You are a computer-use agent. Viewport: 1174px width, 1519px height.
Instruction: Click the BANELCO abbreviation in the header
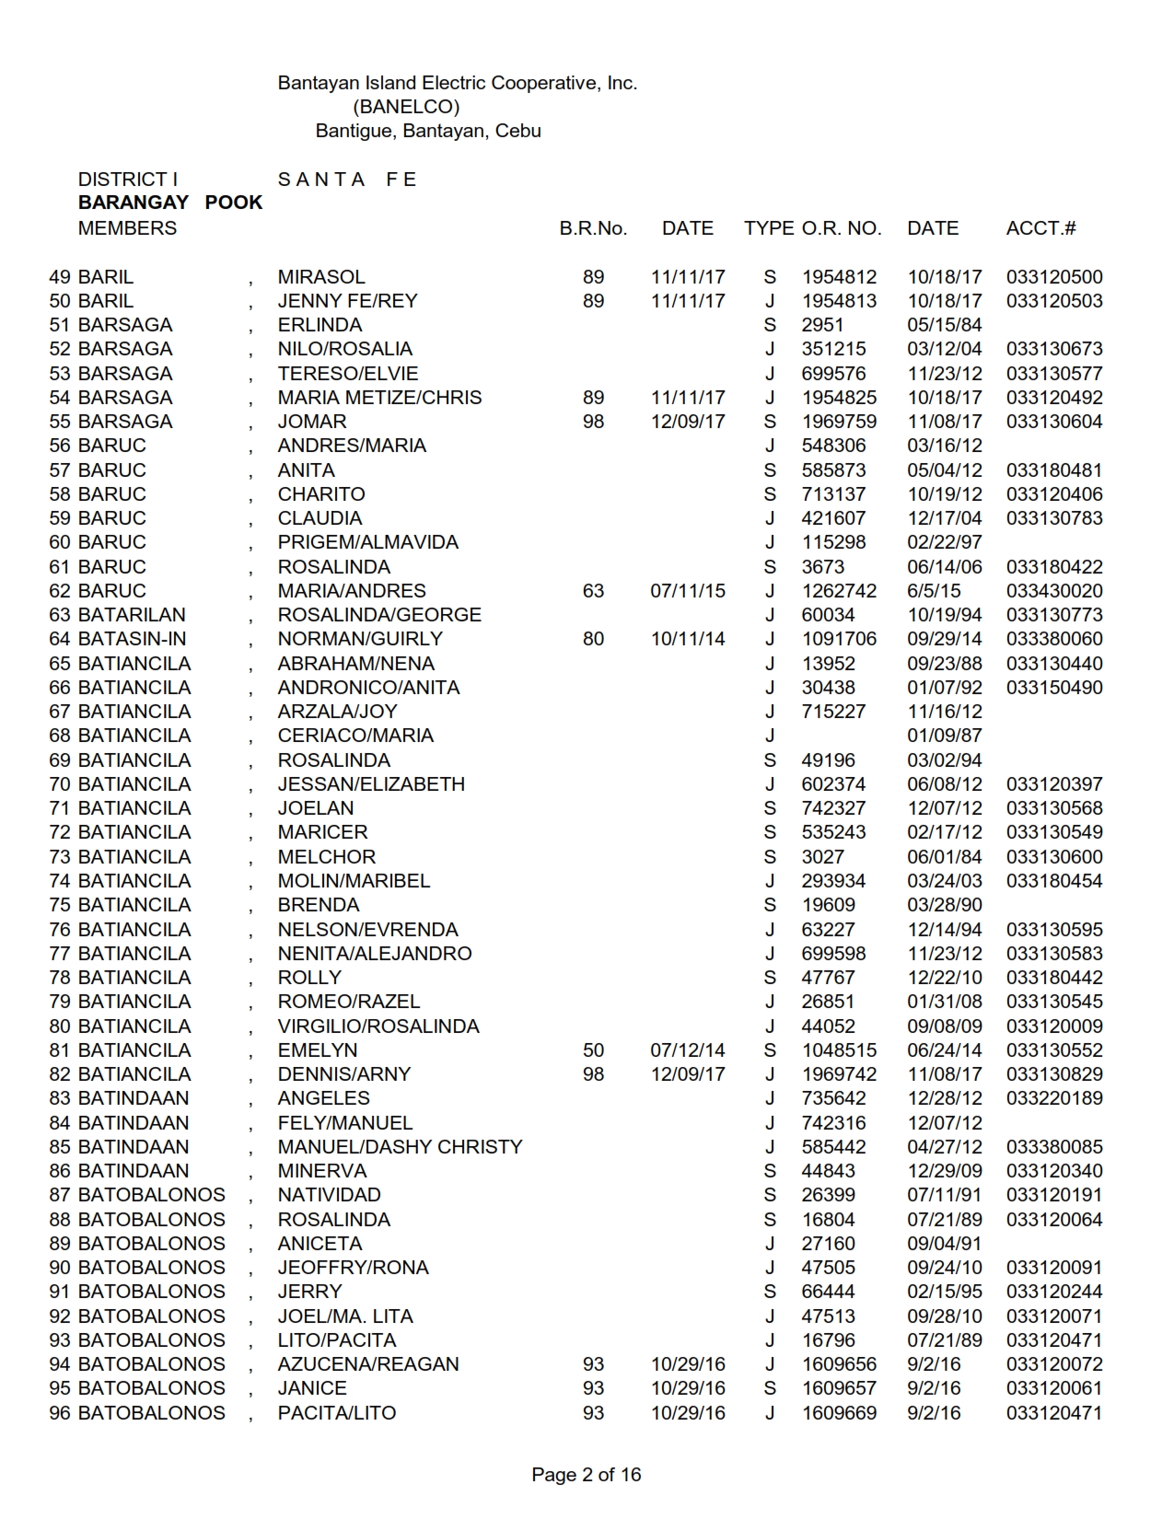click(406, 107)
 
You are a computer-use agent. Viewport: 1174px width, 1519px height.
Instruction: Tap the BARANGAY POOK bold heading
click(170, 203)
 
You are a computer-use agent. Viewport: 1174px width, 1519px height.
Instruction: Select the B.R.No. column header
click(593, 228)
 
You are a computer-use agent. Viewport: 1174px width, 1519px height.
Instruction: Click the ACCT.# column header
click(1040, 228)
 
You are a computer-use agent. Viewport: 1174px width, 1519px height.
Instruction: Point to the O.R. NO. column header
click(841, 228)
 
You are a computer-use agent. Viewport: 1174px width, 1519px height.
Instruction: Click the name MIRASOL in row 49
click(321, 277)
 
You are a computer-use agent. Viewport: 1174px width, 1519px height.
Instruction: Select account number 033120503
click(1054, 301)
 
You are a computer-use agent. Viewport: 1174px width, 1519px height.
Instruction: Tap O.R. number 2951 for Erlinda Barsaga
click(822, 325)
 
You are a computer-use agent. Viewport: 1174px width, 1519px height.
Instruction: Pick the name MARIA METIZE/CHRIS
click(379, 398)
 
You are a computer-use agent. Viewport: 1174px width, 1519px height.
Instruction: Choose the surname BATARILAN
click(132, 615)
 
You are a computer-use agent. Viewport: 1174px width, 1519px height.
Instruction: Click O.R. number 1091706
click(839, 639)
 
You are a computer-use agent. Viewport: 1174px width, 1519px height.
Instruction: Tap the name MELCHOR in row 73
click(327, 857)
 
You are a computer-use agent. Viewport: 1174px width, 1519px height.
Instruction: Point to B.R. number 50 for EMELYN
click(593, 1050)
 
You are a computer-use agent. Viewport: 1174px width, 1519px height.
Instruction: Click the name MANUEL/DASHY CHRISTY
click(400, 1147)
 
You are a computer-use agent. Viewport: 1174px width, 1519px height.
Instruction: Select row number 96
click(60, 1413)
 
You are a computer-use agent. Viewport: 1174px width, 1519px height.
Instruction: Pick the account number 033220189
click(1054, 1098)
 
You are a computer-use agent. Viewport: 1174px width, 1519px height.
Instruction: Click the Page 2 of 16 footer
click(587, 1475)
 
